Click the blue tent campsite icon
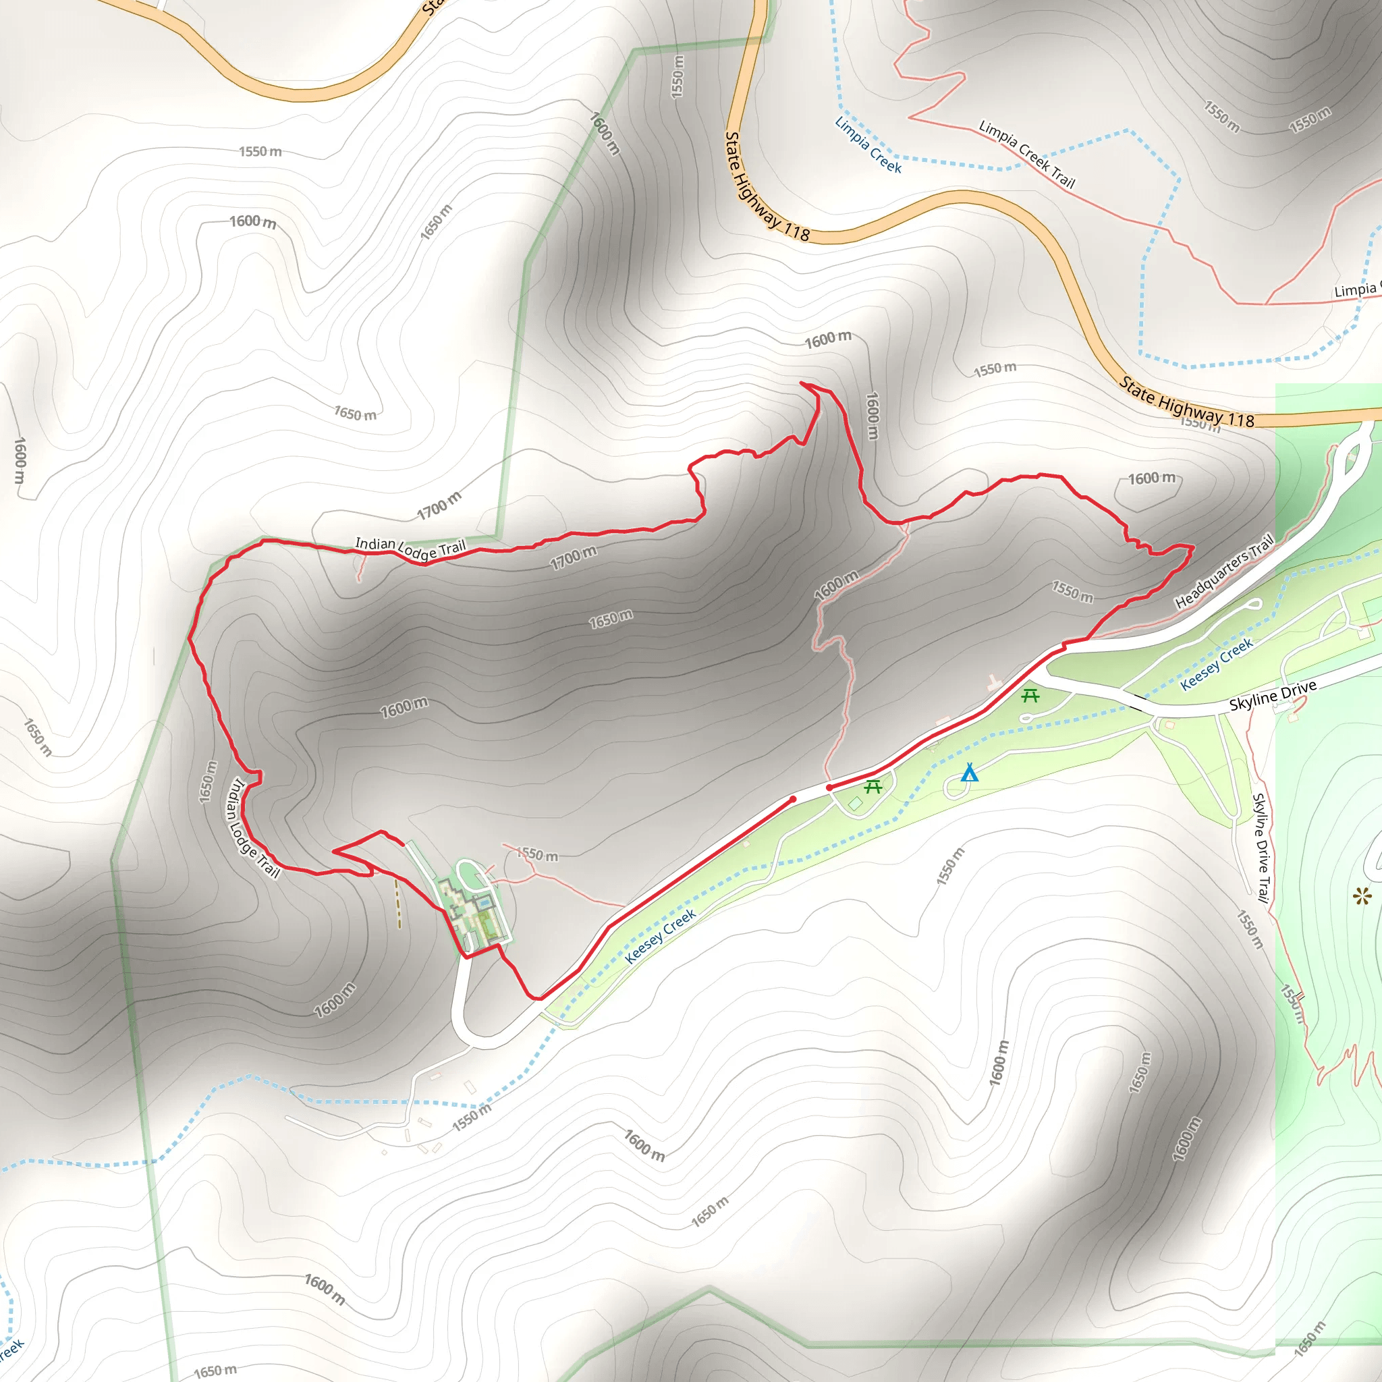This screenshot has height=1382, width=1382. [969, 773]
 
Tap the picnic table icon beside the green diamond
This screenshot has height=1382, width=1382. [873, 787]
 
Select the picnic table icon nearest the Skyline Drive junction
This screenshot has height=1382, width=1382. [1030, 695]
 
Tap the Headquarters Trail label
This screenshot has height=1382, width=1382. [1225, 572]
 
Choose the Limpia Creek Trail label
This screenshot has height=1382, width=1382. [1026, 154]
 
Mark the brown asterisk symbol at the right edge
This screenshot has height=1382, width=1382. [1362, 895]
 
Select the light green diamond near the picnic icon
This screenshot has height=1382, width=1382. [856, 804]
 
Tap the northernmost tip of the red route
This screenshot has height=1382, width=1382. [802, 383]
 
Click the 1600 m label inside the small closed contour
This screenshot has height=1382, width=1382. [1151, 478]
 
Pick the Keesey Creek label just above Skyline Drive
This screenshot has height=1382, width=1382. [1216, 664]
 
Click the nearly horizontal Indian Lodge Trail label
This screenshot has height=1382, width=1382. [410, 548]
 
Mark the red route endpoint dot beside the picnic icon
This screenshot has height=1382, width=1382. [829, 787]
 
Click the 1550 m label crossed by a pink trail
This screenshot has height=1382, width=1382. [537, 855]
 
